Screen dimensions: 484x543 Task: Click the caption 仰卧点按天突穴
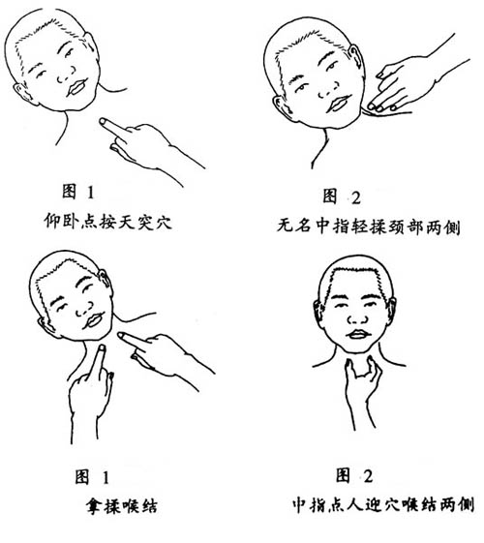[x=108, y=221]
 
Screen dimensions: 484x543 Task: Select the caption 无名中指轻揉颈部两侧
[x=369, y=226]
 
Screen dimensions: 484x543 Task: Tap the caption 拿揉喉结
[x=122, y=506]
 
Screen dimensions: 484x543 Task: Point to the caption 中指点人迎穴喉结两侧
[x=383, y=504]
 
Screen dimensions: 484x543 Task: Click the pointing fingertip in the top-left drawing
[x=104, y=122]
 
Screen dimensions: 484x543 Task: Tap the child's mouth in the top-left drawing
[x=76, y=87]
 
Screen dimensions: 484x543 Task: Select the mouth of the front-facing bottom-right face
[x=359, y=335]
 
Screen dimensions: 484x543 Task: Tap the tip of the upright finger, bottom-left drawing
[x=102, y=347]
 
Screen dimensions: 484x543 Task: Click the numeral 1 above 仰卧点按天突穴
[x=91, y=193]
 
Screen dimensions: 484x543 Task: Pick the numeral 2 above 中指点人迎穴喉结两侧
[x=369, y=476]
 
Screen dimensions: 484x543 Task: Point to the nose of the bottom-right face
[x=359, y=317]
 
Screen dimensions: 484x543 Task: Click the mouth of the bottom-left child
[x=94, y=320]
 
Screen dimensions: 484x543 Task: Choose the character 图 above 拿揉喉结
[x=82, y=477]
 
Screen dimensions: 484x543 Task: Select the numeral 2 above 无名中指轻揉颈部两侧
[x=356, y=197]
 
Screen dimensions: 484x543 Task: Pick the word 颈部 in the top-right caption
[x=406, y=227]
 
